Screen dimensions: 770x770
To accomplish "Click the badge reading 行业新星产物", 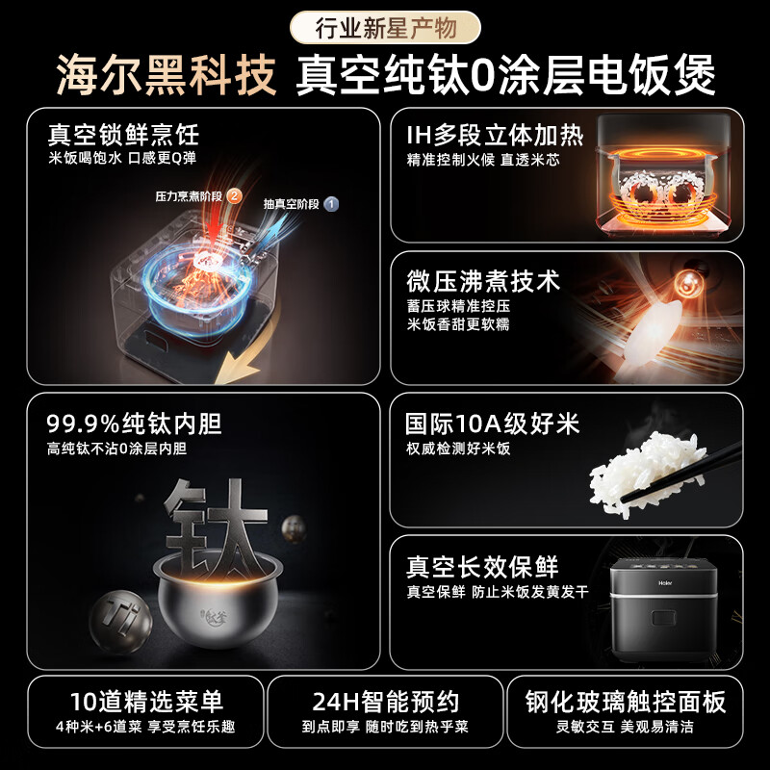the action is point(385,28).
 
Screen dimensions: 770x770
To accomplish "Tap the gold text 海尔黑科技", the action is point(166,75).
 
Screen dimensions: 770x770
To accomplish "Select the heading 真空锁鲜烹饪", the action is point(123,135).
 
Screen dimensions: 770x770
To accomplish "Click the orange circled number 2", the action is point(234,196).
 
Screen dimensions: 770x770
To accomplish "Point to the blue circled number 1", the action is point(331,204).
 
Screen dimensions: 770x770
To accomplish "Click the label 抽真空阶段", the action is point(292,204).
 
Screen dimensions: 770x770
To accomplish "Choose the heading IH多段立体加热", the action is point(495,136).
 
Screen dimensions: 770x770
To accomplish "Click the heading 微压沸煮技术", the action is point(483,281).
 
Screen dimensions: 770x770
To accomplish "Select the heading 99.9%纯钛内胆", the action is point(134,423).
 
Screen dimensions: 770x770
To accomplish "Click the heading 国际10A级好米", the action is point(493,423).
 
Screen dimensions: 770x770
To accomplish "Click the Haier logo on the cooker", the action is point(665,583).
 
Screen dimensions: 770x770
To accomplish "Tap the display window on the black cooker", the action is point(663,618).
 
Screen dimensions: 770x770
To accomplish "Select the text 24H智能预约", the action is point(386,702).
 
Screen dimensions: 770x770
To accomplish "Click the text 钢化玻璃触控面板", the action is point(625,702).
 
